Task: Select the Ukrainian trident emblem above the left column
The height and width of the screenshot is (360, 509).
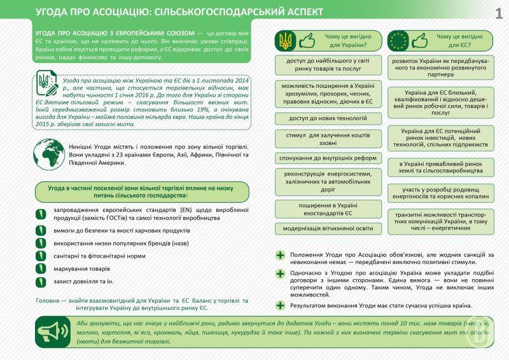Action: pyautogui.click(x=284, y=41)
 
